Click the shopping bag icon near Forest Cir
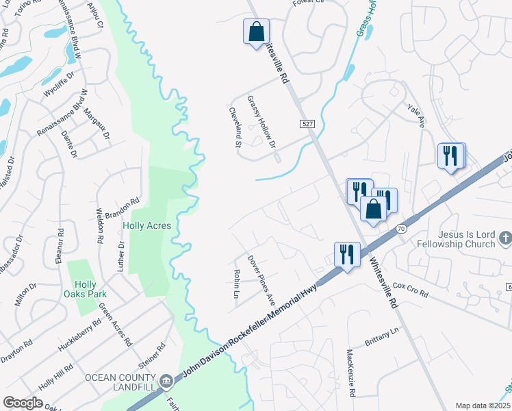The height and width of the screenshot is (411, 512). click(x=256, y=32)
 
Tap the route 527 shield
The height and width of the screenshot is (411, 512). click(x=307, y=123)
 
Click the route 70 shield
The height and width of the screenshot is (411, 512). click(x=401, y=227)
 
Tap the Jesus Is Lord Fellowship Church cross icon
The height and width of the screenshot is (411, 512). click(x=505, y=238)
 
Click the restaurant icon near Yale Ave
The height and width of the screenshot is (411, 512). click(x=451, y=155)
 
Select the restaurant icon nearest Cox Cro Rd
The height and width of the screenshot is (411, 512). click(x=346, y=254)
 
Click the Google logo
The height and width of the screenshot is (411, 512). click(x=23, y=403)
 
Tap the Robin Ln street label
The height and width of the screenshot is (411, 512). click(x=237, y=284)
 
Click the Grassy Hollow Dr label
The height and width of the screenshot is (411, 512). click(x=261, y=122)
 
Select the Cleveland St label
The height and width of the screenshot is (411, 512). click(x=235, y=127)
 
